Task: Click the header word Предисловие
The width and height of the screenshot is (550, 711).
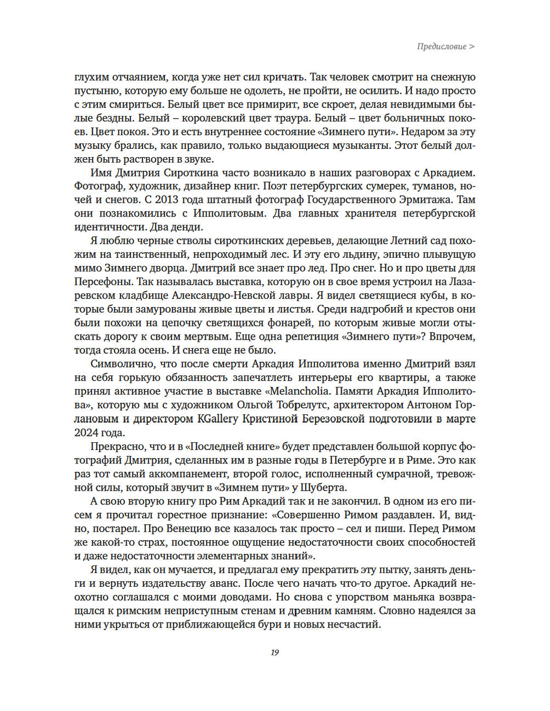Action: tap(442, 47)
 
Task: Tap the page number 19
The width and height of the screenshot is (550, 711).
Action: tap(275, 652)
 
